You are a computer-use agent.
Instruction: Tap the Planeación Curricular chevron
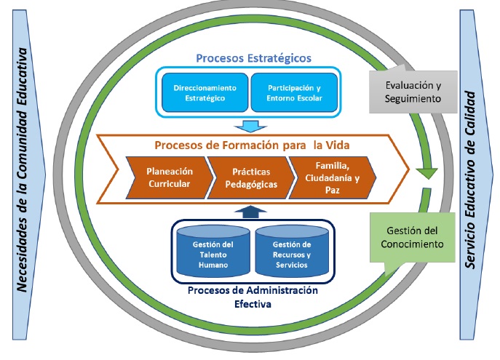point(168,177)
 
